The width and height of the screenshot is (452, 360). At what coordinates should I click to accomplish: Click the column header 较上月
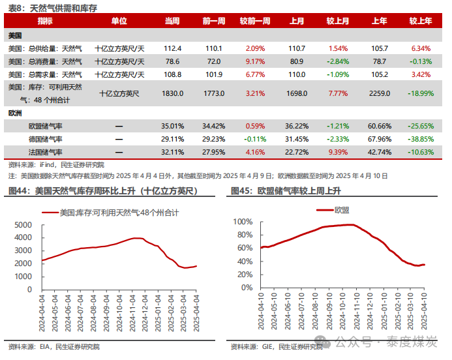338,21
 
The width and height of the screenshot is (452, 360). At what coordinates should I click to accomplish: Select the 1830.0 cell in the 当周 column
172,93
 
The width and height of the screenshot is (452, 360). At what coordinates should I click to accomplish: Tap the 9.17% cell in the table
255,61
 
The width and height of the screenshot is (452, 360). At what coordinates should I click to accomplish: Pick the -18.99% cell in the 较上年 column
421,93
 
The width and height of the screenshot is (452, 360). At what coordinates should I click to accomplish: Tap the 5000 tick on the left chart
22,224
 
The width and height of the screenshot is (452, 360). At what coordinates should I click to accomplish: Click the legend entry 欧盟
340,210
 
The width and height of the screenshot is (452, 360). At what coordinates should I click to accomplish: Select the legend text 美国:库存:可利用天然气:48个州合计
119,213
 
